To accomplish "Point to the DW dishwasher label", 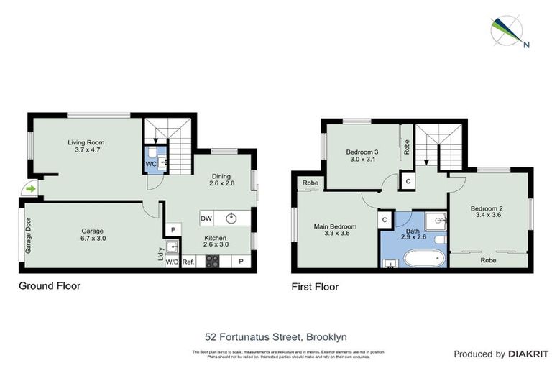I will (206, 218).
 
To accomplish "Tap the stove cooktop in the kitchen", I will (213, 262).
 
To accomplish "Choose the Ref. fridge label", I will (189, 262).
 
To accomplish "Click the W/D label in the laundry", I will (172, 262).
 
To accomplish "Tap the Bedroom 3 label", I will (362, 152).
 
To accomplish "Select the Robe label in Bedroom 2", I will (489, 260).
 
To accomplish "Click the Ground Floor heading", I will (49, 286).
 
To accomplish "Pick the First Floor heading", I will (315, 287).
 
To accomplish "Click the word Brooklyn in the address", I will (328, 336).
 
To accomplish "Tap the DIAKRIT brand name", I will (528, 354).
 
